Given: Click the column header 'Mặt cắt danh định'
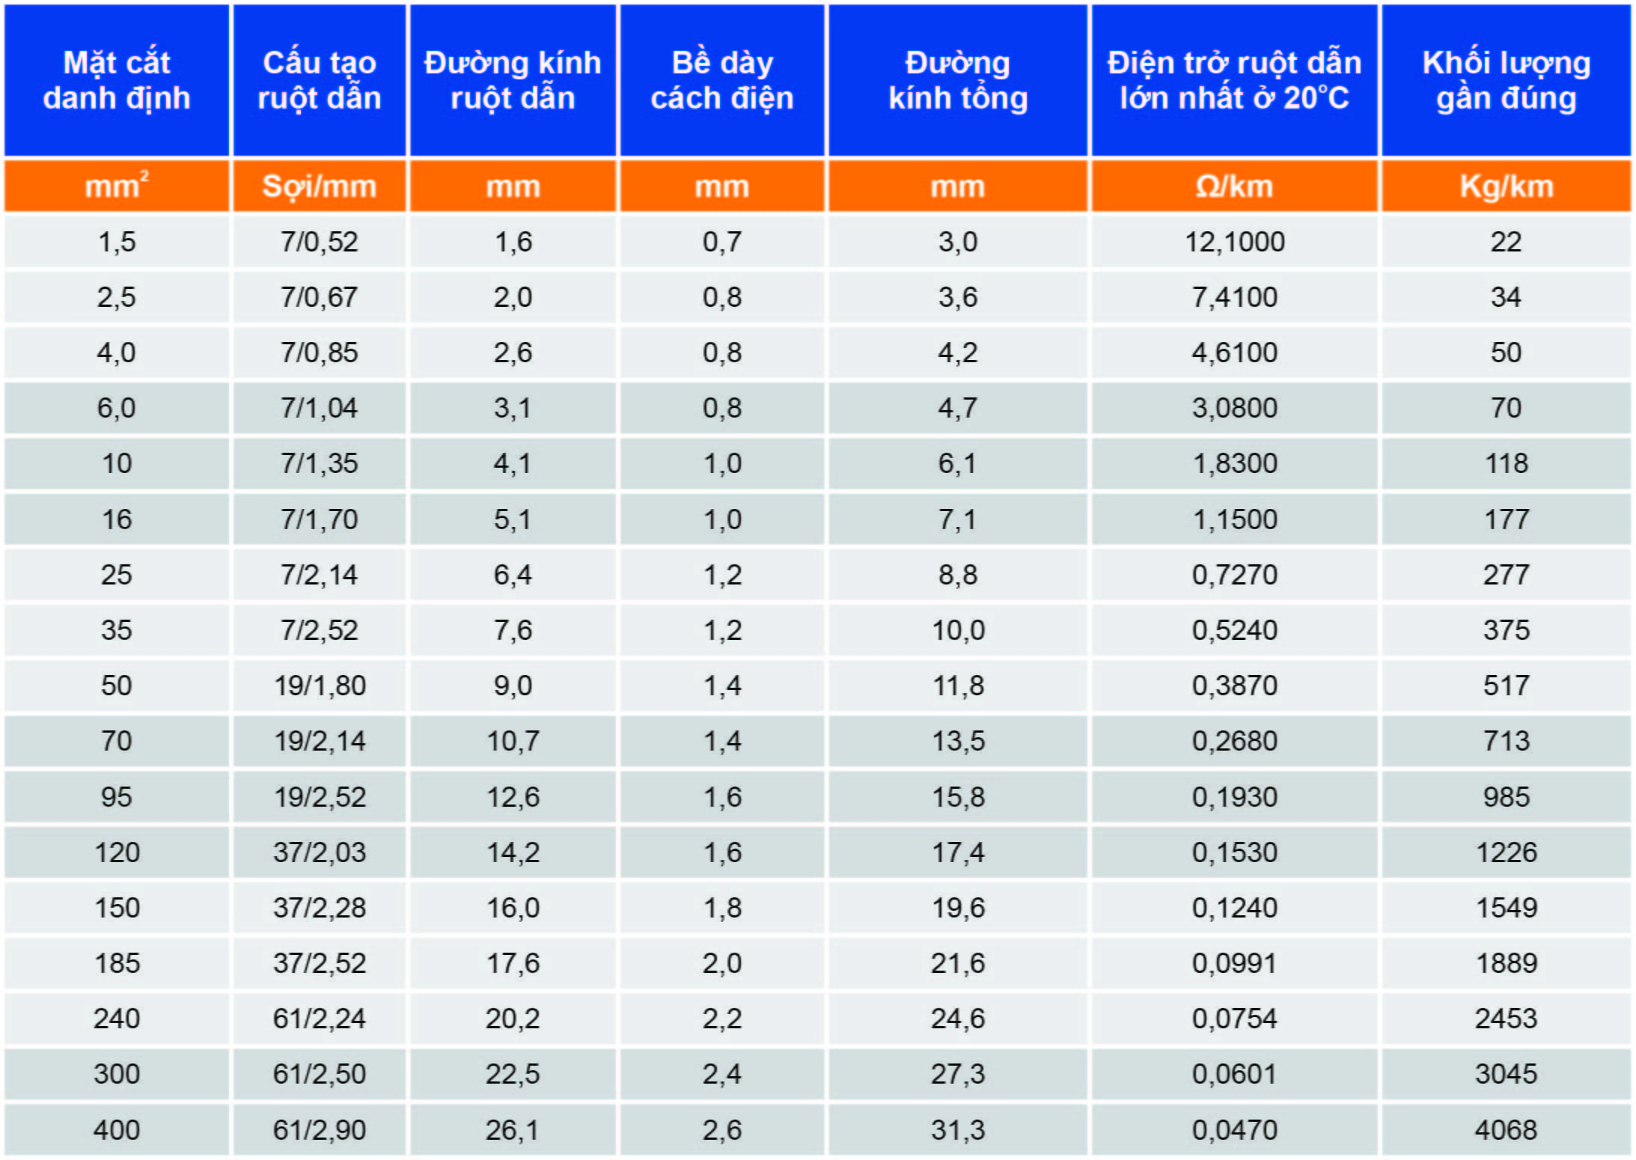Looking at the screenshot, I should (117, 80).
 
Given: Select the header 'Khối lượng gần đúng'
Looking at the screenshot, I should (1506, 80).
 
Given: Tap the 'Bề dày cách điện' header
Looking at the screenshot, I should (722, 80).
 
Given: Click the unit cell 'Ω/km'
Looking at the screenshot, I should (1234, 186).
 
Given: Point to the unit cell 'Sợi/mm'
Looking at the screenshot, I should (320, 186).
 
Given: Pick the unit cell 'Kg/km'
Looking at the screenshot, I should (1506, 186).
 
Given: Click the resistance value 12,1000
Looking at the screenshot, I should (1234, 242).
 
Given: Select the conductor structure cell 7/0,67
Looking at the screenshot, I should (320, 297).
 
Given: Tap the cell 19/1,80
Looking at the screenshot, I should (320, 686).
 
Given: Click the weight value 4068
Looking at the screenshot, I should (1506, 1129).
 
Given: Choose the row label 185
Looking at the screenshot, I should (117, 963).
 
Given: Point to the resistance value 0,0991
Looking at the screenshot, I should (1234, 963).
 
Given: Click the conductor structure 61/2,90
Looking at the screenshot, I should (320, 1129).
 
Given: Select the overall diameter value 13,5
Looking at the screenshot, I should (958, 741).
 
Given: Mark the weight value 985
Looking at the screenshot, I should (1506, 796).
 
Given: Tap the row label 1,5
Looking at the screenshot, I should (117, 242).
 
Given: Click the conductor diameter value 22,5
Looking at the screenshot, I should (513, 1074).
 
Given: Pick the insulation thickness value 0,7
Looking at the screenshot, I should (722, 242).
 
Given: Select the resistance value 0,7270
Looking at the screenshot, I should (1234, 575).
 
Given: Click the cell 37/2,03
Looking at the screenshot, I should (320, 852).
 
